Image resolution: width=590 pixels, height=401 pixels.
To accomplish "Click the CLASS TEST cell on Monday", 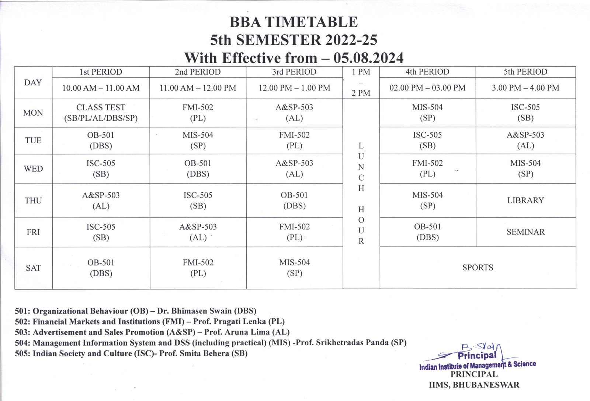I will pyautogui.click(x=101, y=113).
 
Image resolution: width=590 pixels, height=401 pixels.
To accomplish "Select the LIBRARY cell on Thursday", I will pyautogui.click(x=525, y=200).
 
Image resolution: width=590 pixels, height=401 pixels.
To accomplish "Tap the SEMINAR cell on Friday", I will pyautogui.click(x=525, y=232).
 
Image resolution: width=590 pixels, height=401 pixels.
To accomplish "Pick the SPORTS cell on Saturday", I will pyautogui.click(x=478, y=268).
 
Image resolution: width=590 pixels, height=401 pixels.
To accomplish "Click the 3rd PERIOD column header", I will pyautogui.click(x=294, y=72).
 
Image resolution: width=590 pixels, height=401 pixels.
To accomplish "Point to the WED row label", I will pyautogui.click(x=33, y=169).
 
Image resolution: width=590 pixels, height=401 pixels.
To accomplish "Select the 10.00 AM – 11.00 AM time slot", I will pyautogui.click(x=101, y=88).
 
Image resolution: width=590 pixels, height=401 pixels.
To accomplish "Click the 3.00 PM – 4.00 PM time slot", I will pyautogui.click(x=525, y=88).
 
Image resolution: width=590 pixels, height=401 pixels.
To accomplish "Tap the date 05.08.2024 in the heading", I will pyautogui.click(x=368, y=58).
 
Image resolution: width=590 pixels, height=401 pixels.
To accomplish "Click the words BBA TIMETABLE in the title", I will pyautogui.click(x=294, y=22).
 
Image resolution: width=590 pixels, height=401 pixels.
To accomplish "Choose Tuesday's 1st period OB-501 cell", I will pyautogui.click(x=101, y=140).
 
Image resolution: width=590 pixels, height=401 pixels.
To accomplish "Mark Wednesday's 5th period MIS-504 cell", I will pyautogui.click(x=525, y=168).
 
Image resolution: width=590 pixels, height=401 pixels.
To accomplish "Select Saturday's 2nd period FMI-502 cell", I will pyautogui.click(x=198, y=268).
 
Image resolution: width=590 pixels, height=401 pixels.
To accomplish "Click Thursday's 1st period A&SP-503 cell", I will pyautogui.click(x=101, y=200).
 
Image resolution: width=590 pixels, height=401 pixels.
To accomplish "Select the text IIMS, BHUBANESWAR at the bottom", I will pyautogui.click(x=474, y=385).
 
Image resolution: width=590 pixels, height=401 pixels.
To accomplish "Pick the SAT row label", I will pyautogui.click(x=33, y=268).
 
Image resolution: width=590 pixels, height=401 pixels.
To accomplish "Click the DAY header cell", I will pyautogui.click(x=33, y=83).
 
